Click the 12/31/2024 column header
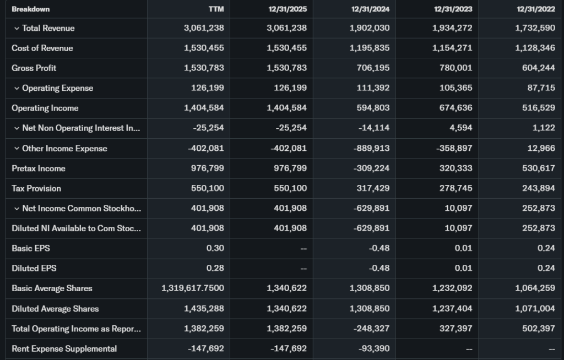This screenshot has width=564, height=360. pyautogui.click(x=370, y=9)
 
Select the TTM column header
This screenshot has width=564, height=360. pyautogui.click(x=217, y=9)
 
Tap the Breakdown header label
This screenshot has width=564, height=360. pyautogui.click(x=30, y=9)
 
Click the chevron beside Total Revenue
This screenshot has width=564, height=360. pyautogui.click(x=17, y=28)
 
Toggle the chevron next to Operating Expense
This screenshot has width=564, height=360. pyautogui.click(x=17, y=88)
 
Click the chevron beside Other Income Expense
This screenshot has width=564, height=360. pyautogui.click(x=17, y=149)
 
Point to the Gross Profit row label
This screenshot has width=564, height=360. pyautogui.click(x=34, y=68)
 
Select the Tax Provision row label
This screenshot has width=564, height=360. pyautogui.click(x=36, y=188)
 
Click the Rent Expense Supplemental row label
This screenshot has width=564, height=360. pyautogui.click(x=64, y=348)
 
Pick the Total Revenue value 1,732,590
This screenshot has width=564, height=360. pyautogui.click(x=535, y=28)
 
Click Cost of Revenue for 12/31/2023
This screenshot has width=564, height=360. pyautogui.click(x=452, y=48)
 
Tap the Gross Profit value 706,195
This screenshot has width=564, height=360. pyautogui.click(x=373, y=68)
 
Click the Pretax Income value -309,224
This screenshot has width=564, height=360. pyautogui.click(x=371, y=168)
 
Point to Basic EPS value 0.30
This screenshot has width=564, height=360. pyautogui.click(x=215, y=248)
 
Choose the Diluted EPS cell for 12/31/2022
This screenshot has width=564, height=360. pyautogui.click(x=546, y=268)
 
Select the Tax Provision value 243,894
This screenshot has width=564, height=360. pyautogui.click(x=539, y=188)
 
